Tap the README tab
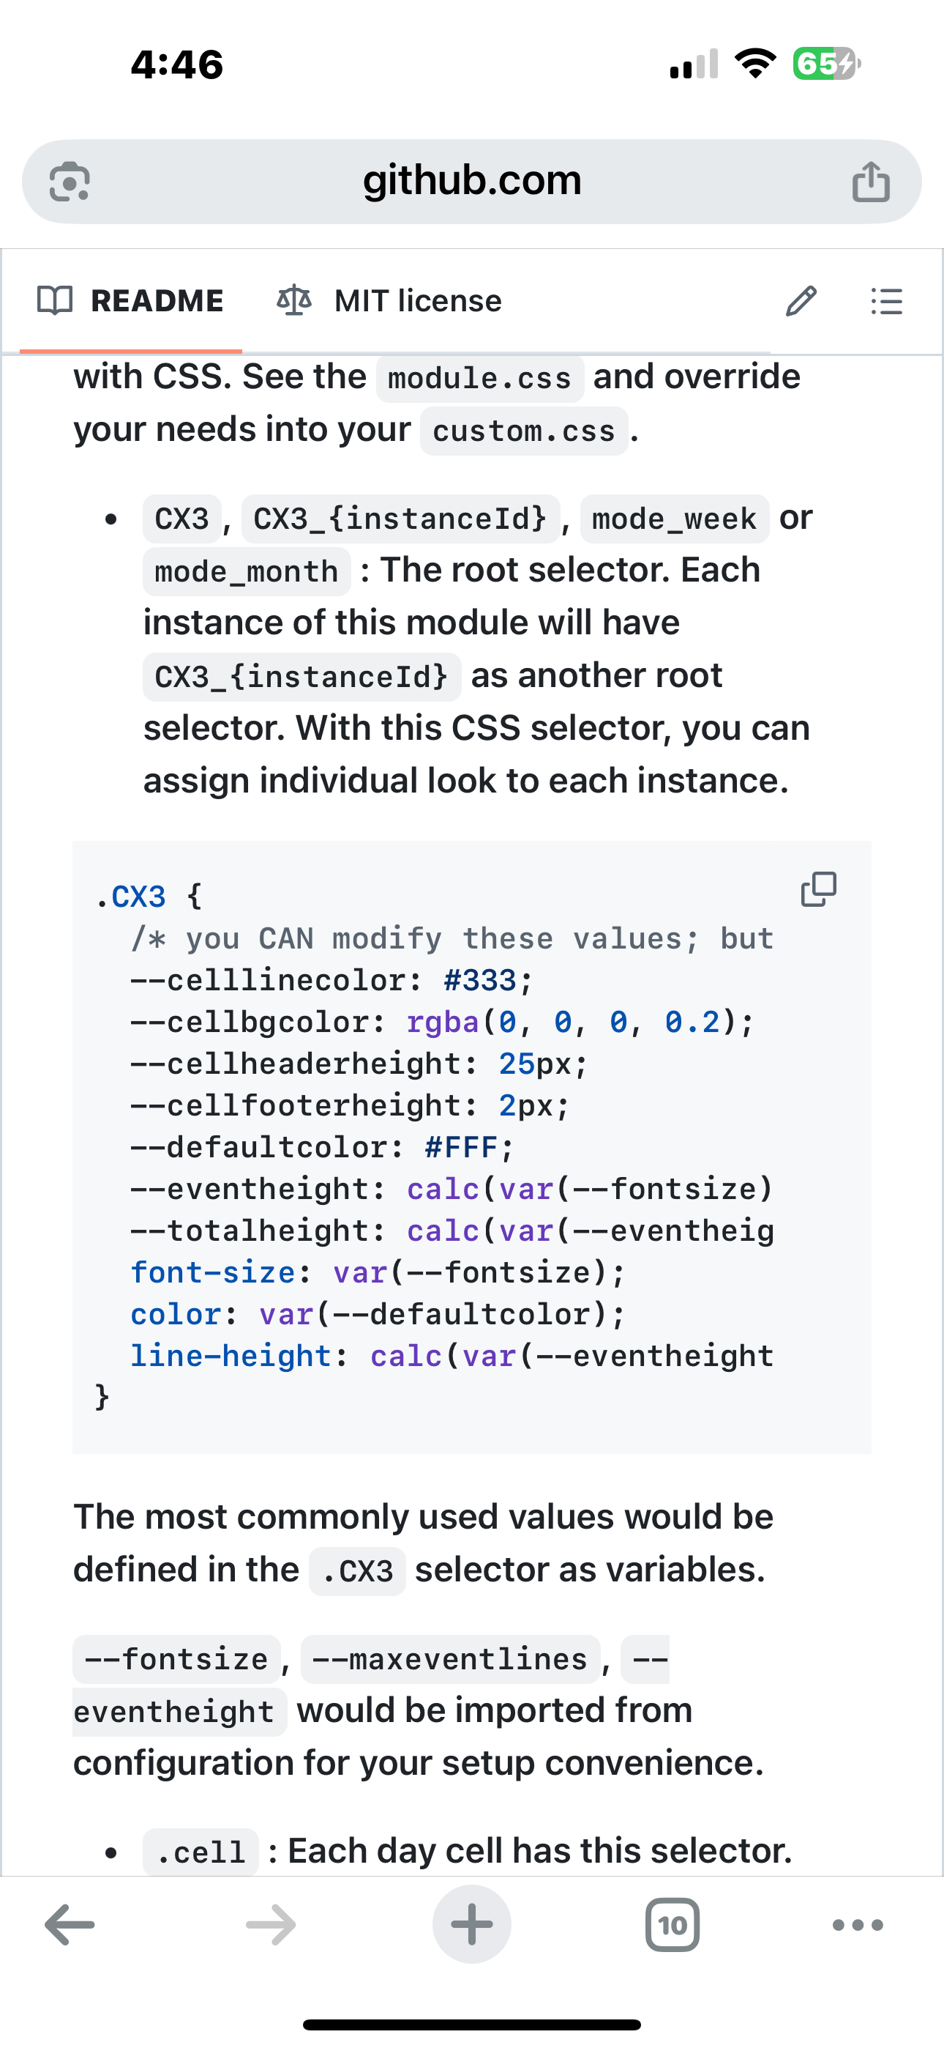point(132,300)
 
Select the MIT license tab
point(389,300)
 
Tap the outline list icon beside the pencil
point(886,300)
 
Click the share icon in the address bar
point(870,182)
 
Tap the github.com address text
point(472,180)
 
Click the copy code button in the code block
point(818,888)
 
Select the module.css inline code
point(479,379)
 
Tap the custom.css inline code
point(524,431)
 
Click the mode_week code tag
point(674,519)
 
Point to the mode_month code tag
point(247,571)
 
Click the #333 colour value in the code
point(480,980)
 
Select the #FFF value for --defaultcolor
point(461,1147)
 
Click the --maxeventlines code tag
point(450,1659)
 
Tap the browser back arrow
point(70,1925)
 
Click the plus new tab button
point(472,1925)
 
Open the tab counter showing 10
point(673,1925)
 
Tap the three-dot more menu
point(858,1925)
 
